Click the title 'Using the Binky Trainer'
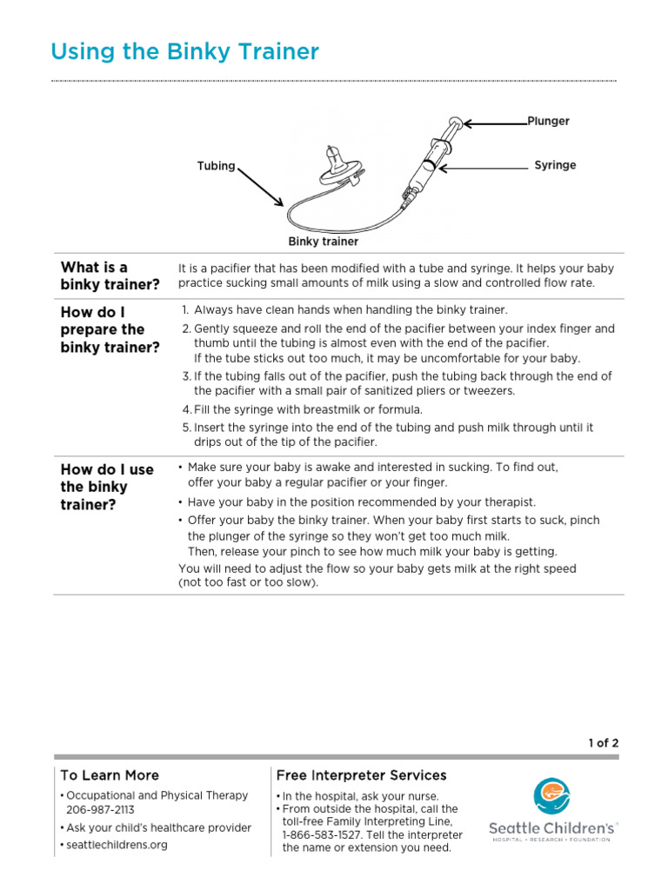tap(184, 52)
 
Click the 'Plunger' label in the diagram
tap(548, 121)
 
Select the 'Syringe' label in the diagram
tap(555, 165)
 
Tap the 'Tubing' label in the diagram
tap(216, 166)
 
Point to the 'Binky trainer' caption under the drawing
tap(324, 242)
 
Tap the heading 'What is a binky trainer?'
tap(110, 276)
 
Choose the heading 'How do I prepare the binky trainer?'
tap(110, 329)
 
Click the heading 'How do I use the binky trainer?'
tap(106, 487)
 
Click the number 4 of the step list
tap(186, 409)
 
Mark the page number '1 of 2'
tap(603, 743)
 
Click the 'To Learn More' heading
tap(110, 774)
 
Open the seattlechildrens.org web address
tap(117, 845)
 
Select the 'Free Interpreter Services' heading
tap(361, 774)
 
